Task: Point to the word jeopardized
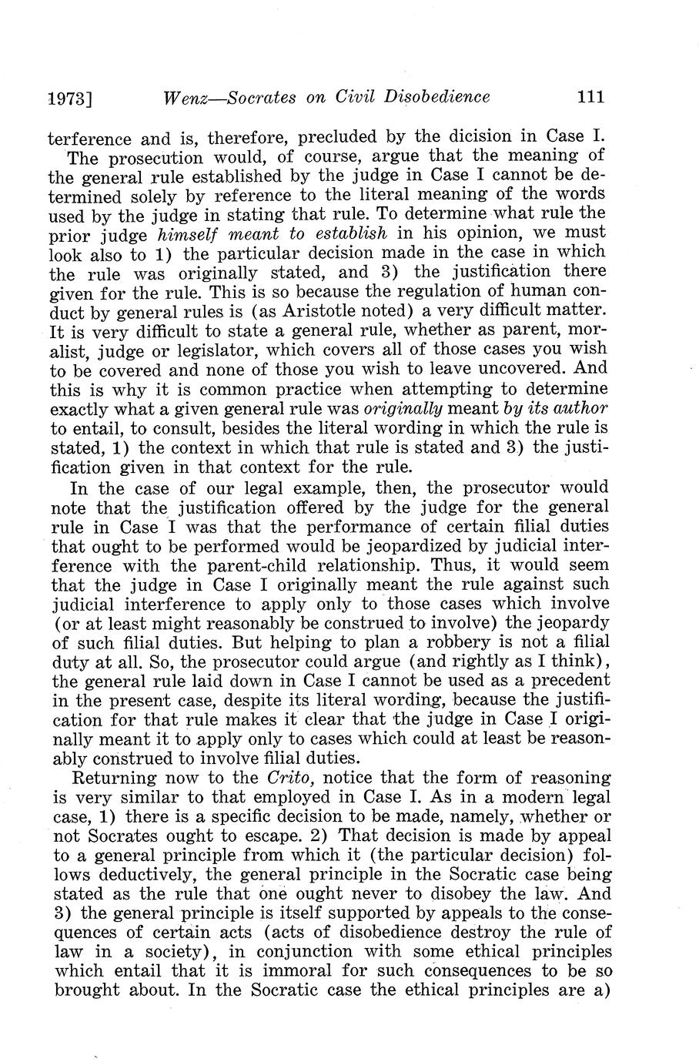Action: (x=391, y=547)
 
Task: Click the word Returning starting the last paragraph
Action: (x=111, y=779)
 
